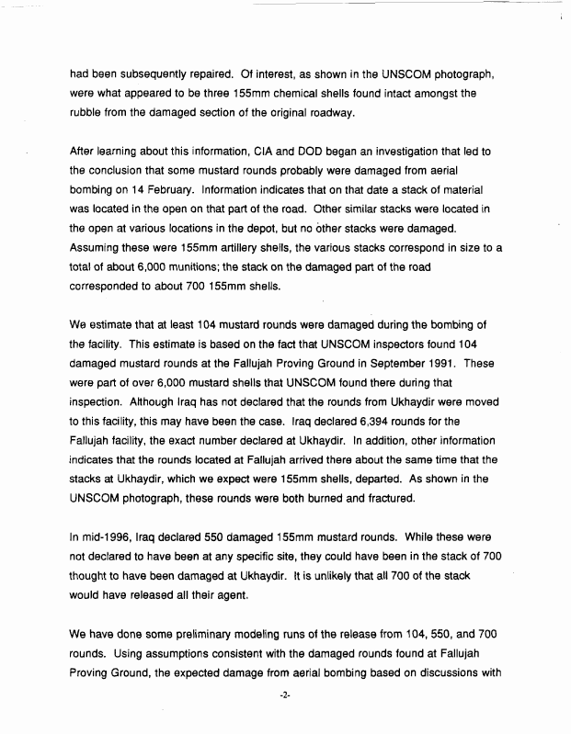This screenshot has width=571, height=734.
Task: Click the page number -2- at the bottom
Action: coord(284,694)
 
